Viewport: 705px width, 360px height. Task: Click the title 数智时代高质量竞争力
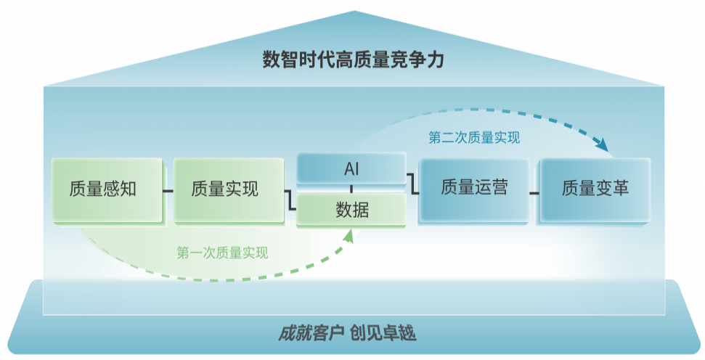point(352,60)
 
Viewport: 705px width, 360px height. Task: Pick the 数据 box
point(351,210)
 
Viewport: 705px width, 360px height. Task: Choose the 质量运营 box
point(474,188)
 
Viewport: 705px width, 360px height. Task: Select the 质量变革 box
point(594,189)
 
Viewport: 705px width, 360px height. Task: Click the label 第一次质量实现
point(222,253)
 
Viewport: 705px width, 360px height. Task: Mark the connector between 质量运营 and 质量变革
point(534,192)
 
